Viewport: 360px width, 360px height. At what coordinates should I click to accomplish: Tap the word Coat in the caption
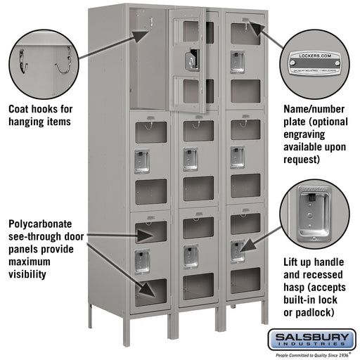pos(20,109)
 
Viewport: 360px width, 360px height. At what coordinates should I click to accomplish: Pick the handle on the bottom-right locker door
pos(238,250)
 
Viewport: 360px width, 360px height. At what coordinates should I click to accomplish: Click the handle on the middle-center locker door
pos(190,159)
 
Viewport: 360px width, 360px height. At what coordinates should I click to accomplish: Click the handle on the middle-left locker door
pos(143,161)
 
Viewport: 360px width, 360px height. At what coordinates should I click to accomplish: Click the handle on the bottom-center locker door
pos(190,255)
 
